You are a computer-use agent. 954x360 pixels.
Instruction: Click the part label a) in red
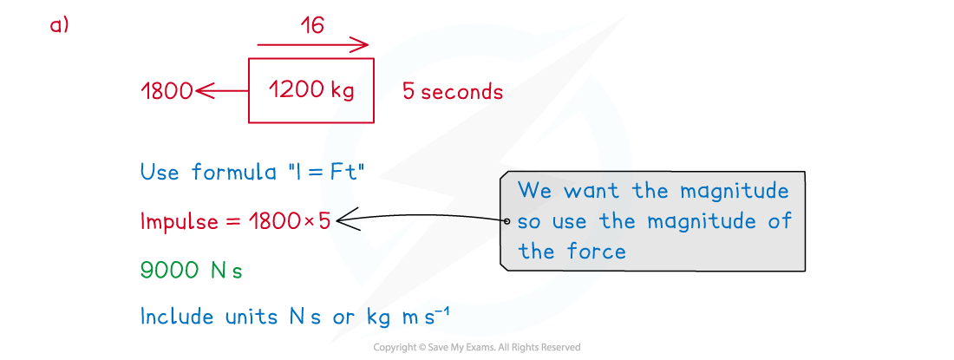(x=59, y=26)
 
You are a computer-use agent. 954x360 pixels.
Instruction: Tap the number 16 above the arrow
(x=312, y=26)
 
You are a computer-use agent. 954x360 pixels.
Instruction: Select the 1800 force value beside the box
(x=167, y=90)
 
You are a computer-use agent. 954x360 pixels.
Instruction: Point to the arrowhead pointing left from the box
(x=203, y=90)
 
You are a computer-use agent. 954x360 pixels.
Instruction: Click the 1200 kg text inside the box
(x=310, y=89)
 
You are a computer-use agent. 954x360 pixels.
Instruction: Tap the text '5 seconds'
(x=452, y=91)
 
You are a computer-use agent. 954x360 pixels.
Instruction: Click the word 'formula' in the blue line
(x=232, y=172)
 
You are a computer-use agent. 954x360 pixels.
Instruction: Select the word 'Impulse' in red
(x=179, y=222)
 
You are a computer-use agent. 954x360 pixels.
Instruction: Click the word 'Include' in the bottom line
(x=177, y=317)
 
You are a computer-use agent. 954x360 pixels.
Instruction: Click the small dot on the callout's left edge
(x=506, y=221)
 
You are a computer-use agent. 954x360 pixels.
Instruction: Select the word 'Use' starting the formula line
(x=160, y=172)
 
